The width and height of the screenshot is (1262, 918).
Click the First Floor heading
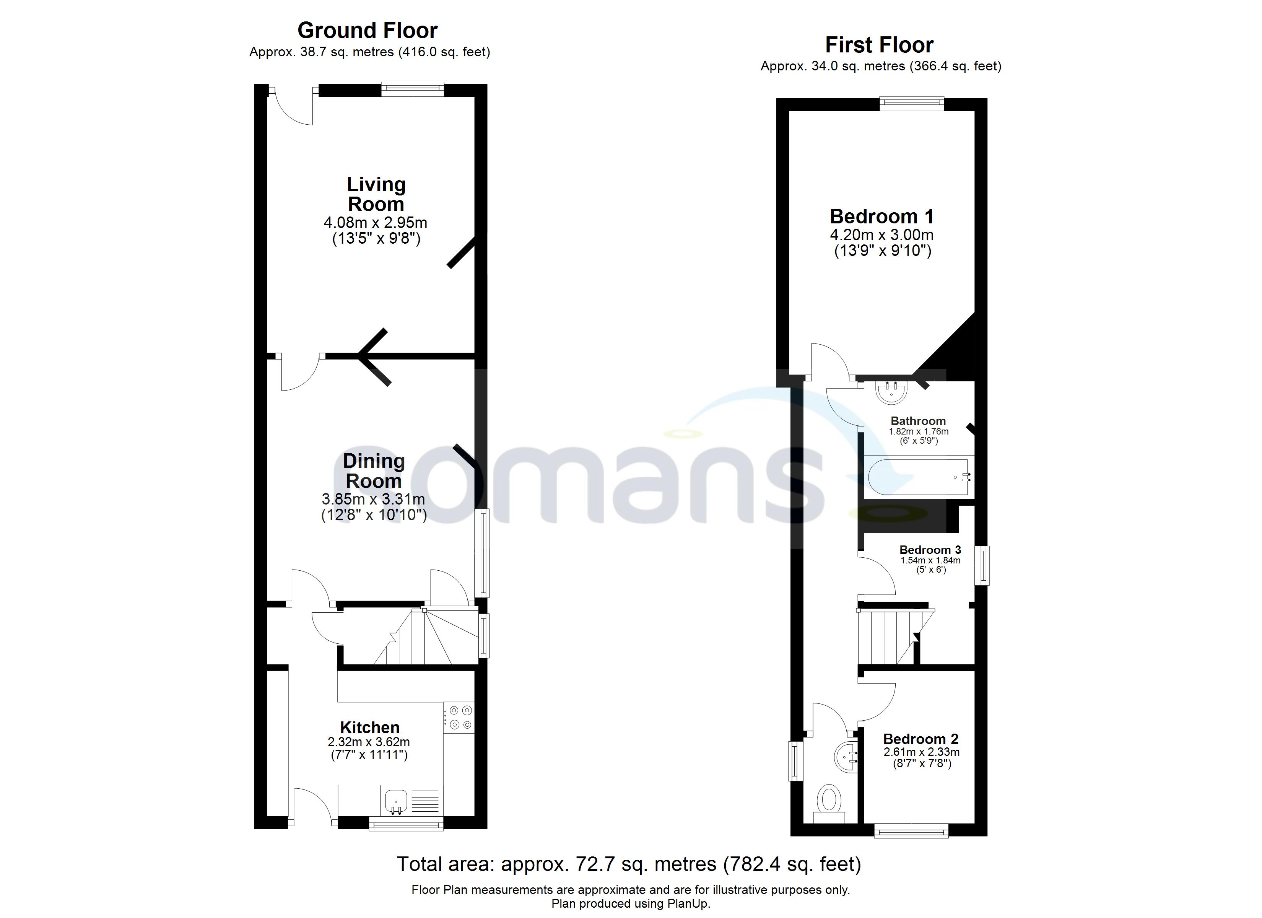click(879, 44)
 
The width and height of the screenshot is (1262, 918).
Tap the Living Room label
click(376, 194)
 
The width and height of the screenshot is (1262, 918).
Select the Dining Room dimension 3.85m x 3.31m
click(373, 499)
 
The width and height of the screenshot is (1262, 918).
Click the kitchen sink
click(396, 801)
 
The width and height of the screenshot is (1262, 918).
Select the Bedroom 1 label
click(881, 216)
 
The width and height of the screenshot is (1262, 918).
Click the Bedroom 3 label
click(930, 550)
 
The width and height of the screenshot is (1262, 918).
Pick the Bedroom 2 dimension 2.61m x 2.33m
click(922, 752)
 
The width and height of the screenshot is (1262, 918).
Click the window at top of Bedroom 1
click(911, 104)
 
